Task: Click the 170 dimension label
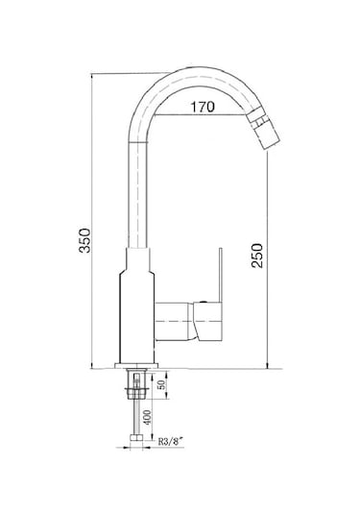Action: point(203,107)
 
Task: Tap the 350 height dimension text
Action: point(84,240)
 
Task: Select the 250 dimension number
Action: point(257,256)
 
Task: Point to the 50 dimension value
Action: point(161,384)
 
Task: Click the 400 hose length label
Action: point(148,417)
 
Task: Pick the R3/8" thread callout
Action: point(170,441)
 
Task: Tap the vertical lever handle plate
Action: point(221,275)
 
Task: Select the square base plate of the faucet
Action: point(136,365)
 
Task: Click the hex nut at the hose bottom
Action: point(136,438)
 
